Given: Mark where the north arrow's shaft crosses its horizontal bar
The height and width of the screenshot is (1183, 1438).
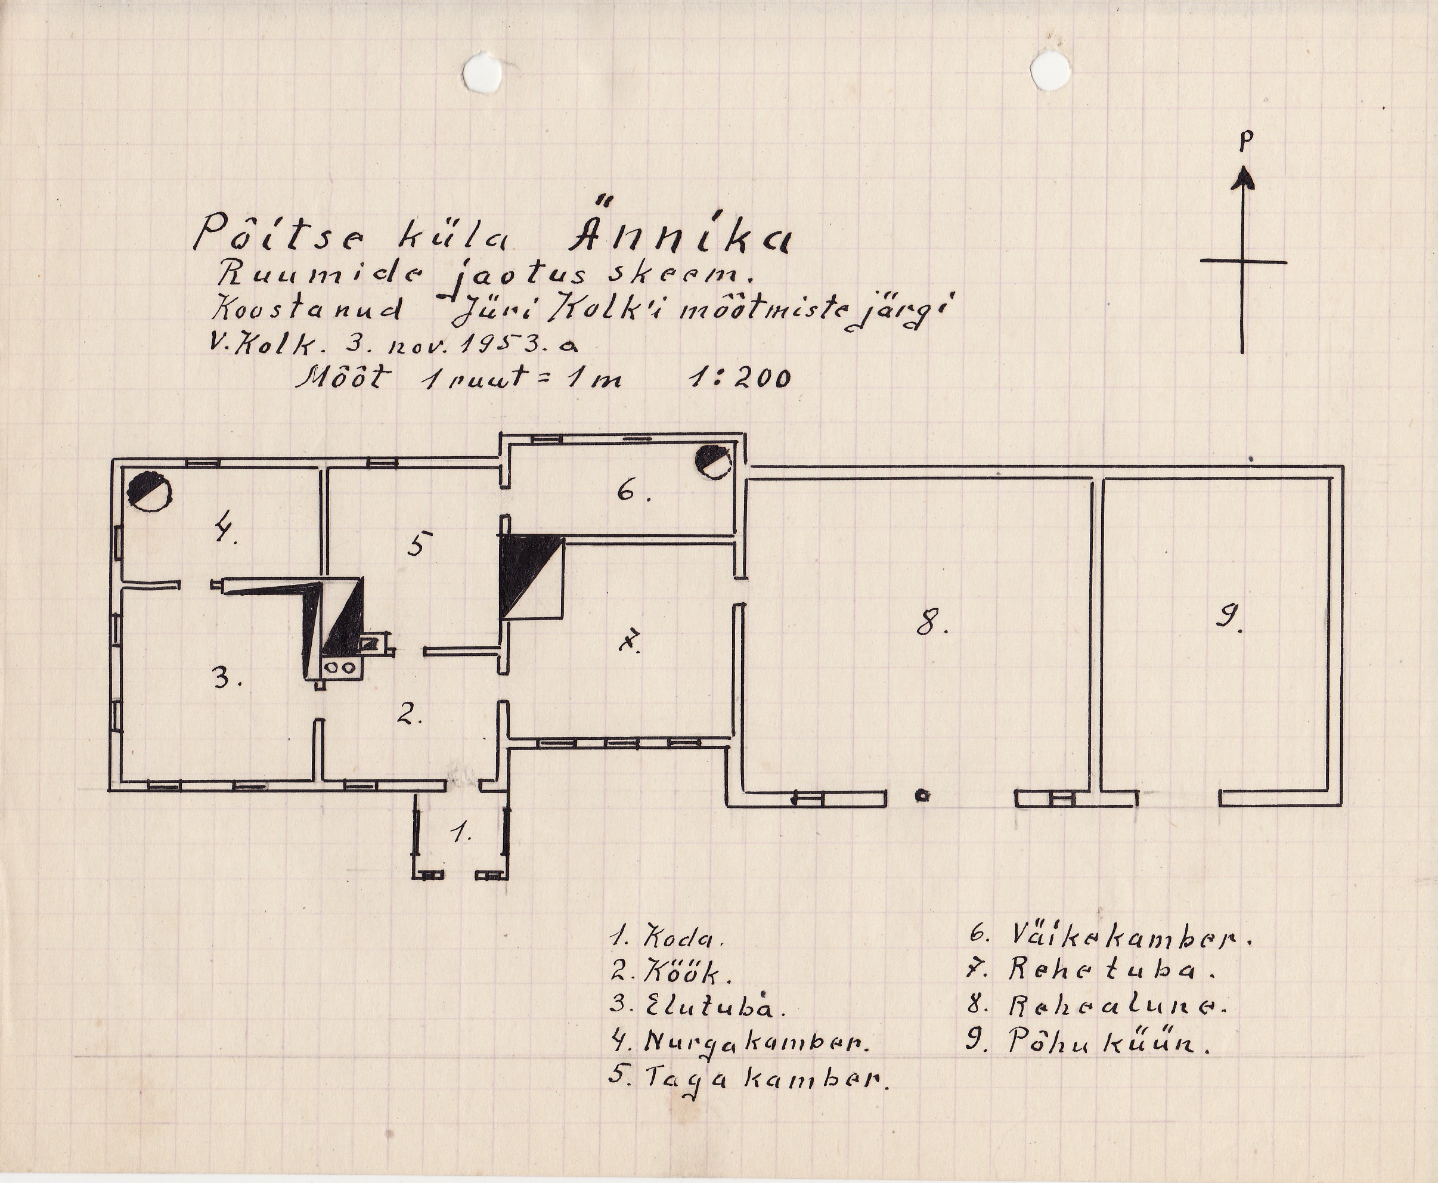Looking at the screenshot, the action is coord(1242,261).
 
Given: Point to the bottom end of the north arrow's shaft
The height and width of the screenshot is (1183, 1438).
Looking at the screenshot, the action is coord(1242,352).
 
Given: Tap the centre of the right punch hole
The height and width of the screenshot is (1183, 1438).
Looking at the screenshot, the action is coord(1050,71).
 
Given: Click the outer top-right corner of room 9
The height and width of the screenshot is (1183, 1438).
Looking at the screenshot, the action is coord(1343,467).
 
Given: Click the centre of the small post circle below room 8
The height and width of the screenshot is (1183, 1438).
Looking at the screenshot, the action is coord(922,795).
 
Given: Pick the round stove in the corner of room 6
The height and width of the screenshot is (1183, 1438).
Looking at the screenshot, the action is coord(713,462).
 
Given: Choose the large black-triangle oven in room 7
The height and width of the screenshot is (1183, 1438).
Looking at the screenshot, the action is coord(532,577).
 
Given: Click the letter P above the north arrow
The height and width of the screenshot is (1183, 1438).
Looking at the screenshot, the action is coord(1245,141).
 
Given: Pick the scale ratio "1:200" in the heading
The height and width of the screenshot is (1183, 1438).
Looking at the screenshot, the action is coord(740,377).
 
